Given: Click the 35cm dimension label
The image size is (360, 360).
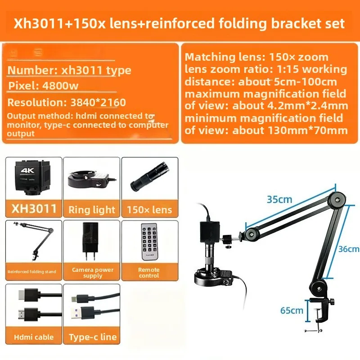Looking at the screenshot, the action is click(279, 199).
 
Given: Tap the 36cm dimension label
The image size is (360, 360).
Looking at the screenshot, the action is click(349, 249).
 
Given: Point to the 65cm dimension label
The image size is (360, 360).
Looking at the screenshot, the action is click(292, 310).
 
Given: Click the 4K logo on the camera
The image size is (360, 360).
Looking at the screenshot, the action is click(27, 171).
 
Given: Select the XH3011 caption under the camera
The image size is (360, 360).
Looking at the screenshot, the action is click(34, 208).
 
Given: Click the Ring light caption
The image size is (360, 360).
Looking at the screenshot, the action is click(92, 210).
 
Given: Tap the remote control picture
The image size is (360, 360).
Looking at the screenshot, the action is click(150, 242).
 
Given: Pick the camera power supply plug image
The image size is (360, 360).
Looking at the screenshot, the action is click(90, 241).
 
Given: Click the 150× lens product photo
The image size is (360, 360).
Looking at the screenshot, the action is click(150, 176).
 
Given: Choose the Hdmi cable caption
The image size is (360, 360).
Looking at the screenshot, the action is click(34, 337).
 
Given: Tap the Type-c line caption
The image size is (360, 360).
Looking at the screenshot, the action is click(93, 337).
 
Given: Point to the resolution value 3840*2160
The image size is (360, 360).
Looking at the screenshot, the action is click(98, 103).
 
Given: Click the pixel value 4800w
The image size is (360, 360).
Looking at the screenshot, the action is click(60, 85).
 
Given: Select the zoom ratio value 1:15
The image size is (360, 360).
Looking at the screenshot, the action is click(287, 69).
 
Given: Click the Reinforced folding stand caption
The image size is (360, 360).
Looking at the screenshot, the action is click(31, 272).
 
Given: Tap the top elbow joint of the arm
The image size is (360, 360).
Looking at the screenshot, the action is click(337, 199).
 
